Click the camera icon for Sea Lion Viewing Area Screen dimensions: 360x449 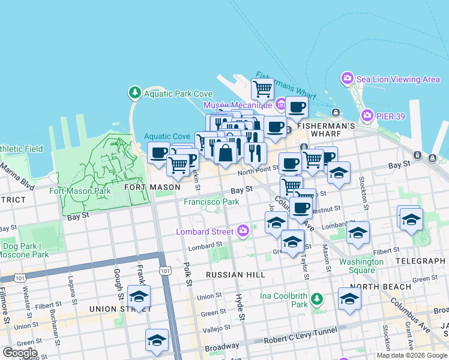click(x=347, y=79)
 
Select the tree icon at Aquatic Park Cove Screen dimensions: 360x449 click(x=134, y=93)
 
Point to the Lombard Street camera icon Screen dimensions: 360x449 click(x=243, y=230)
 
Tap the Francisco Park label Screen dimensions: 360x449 click(x=211, y=202)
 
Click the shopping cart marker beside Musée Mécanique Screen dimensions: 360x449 click(x=262, y=89)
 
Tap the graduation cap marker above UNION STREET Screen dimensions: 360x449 click(x=139, y=296)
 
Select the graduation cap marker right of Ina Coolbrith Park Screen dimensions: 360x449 click(x=349, y=299)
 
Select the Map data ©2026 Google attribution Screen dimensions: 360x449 click(x=412, y=355)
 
